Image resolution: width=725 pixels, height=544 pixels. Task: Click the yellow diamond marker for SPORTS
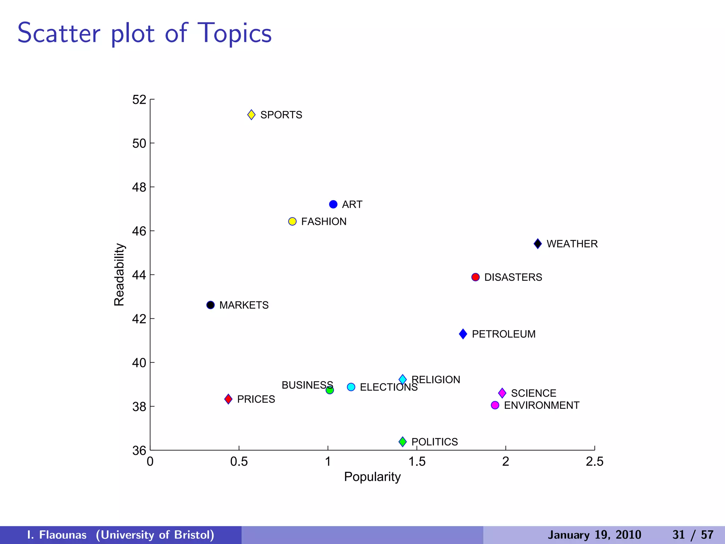[x=251, y=115]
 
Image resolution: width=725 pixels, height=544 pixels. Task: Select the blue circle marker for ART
[x=333, y=204]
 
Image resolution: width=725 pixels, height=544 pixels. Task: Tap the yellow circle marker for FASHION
[x=292, y=221]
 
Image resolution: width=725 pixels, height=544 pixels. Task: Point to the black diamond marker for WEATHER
[x=538, y=244]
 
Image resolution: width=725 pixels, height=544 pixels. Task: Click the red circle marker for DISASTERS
[x=475, y=277]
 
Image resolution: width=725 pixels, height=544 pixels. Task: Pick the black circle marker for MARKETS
[x=211, y=305]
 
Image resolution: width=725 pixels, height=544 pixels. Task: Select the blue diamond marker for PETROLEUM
[x=463, y=334]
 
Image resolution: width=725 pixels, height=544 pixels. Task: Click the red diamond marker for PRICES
[x=228, y=399]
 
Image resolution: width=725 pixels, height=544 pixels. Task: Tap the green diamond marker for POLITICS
[x=403, y=442]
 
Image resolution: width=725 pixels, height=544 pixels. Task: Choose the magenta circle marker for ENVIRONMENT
[x=495, y=405]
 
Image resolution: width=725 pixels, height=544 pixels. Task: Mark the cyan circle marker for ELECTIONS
[x=351, y=387]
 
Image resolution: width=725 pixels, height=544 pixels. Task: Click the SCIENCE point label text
[x=533, y=393]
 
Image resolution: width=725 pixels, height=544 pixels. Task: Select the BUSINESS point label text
[x=307, y=385]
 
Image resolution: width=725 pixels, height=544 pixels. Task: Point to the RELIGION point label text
[x=436, y=380]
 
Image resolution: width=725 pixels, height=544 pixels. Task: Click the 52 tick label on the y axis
[x=139, y=100]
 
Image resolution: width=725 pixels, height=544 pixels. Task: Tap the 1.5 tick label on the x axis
[x=417, y=461]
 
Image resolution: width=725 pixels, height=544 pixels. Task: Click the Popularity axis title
[x=372, y=477]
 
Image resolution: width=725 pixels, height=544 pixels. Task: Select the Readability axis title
[x=119, y=274]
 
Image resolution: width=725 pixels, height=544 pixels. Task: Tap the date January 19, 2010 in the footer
[x=594, y=535]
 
